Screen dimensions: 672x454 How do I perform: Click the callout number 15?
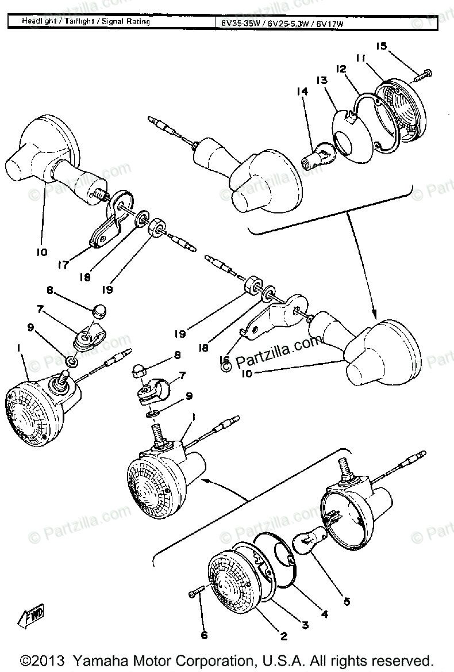[382, 47]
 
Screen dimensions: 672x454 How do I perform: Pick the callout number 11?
[360, 59]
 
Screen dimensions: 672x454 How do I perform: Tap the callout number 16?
[224, 361]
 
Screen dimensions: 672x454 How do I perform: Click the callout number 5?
[346, 602]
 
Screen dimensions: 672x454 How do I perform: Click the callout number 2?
[283, 636]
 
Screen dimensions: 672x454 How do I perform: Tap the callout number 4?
[324, 614]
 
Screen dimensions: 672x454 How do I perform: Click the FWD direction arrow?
[32, 616]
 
